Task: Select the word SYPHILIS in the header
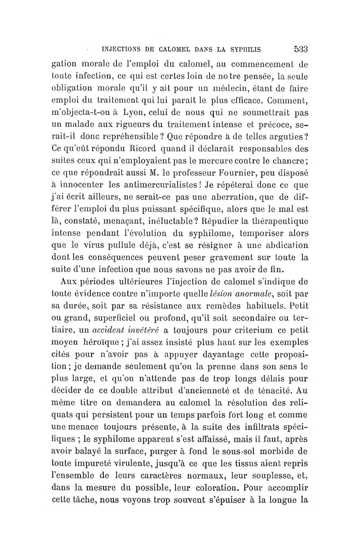point(246,49)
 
